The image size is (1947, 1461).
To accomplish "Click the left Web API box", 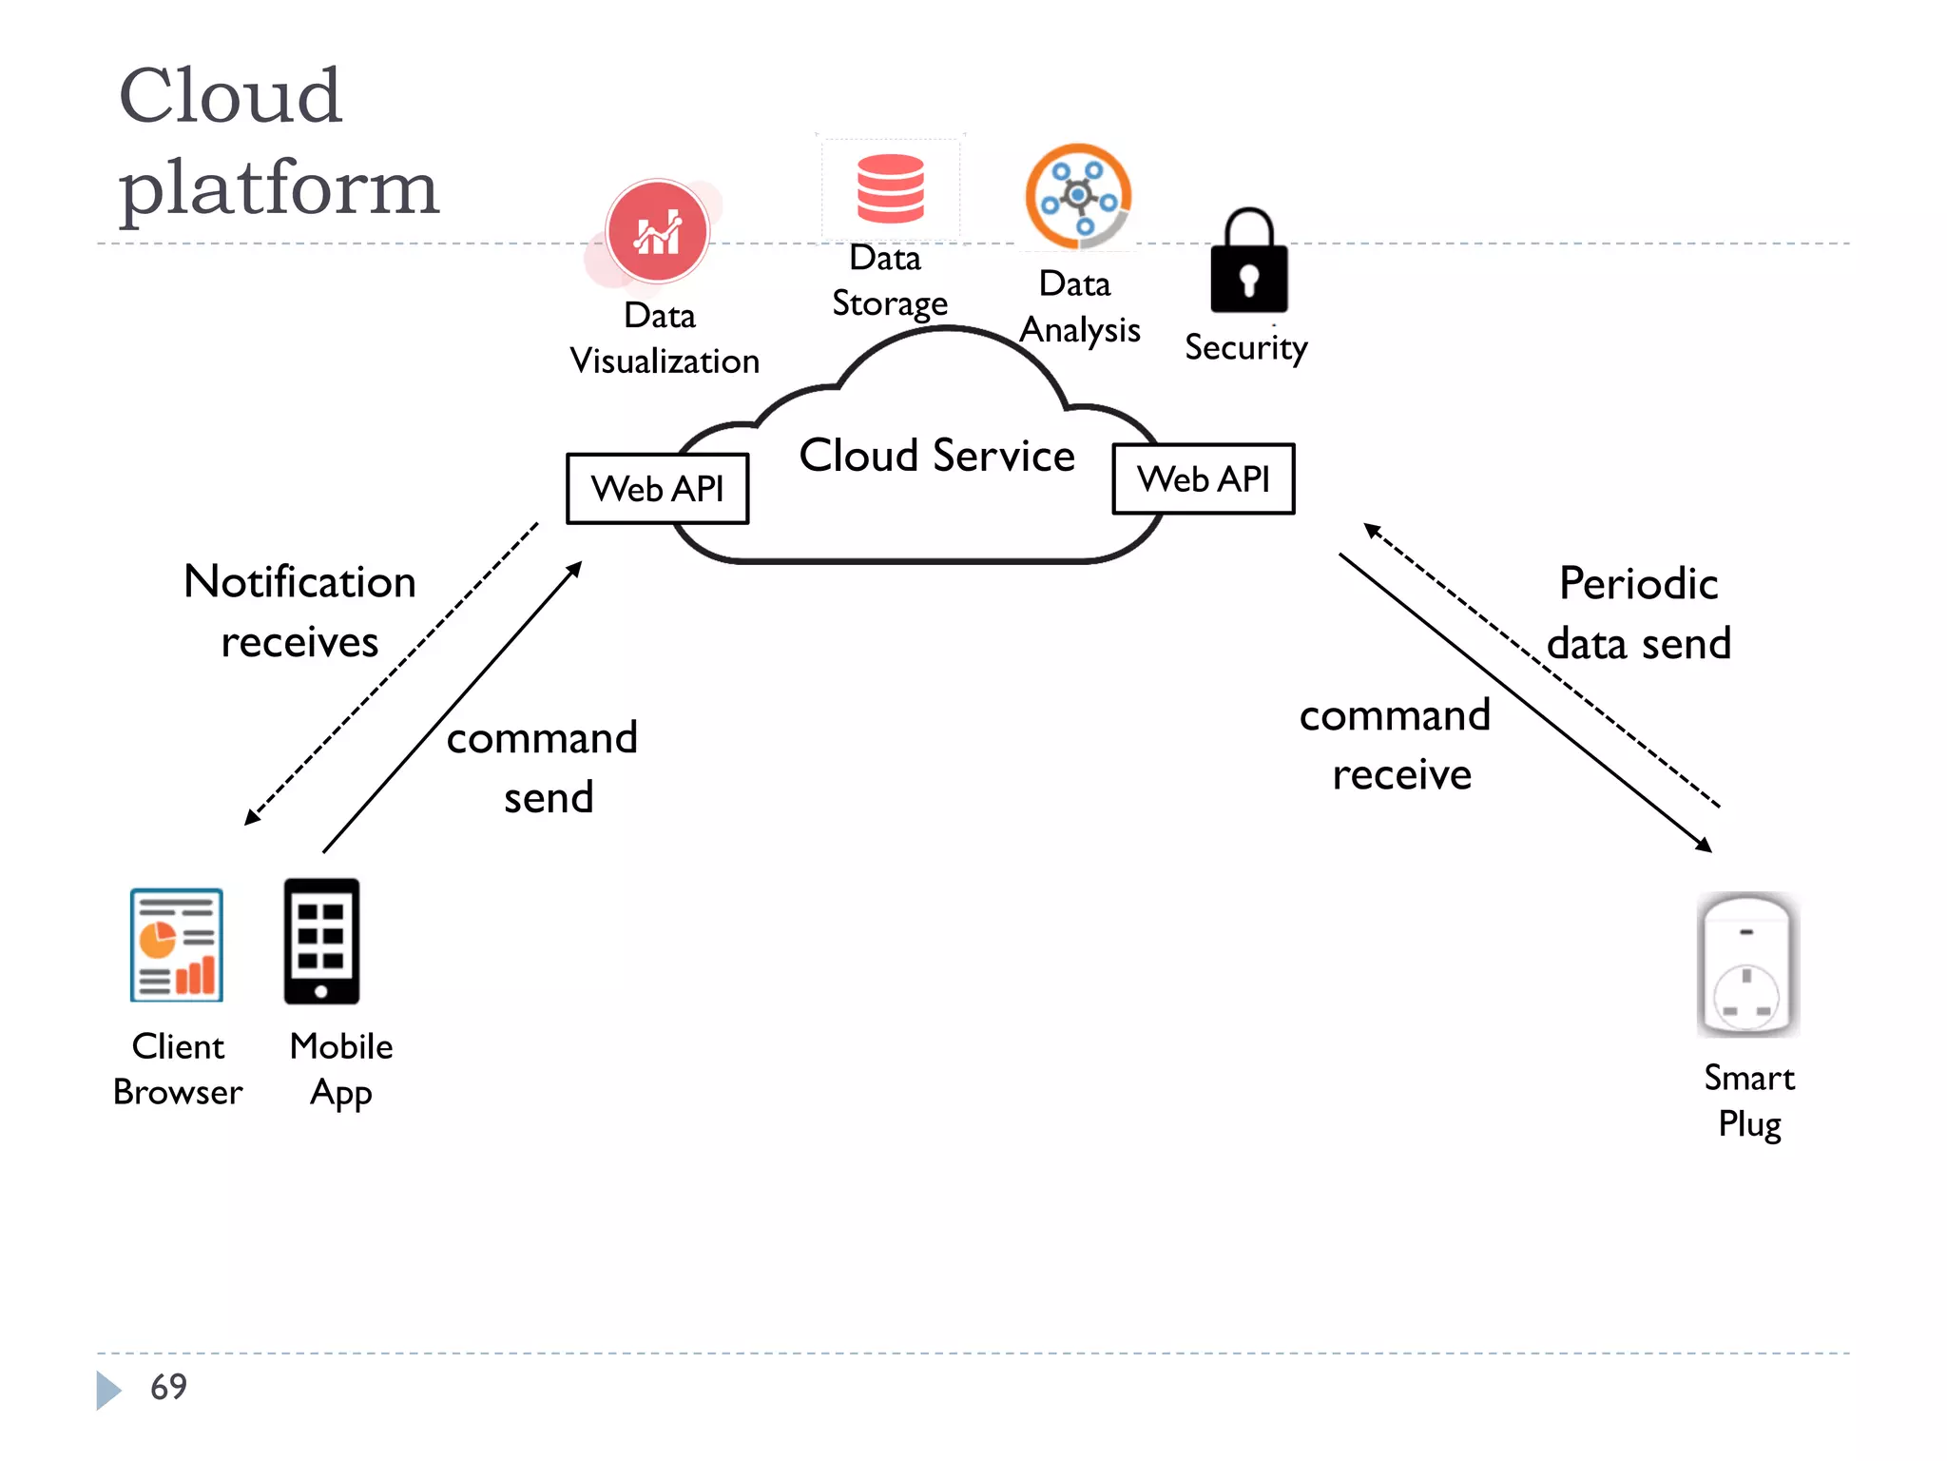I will coord(657,489).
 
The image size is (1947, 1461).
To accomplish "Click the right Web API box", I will coord(1203,479).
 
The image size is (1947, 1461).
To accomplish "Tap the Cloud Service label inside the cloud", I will coord(936,456).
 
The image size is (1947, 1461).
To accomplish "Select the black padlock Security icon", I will coord(1248,263).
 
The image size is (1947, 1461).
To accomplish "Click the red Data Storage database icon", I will coord(890,189).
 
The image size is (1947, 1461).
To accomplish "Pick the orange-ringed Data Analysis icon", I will coord(1078,196).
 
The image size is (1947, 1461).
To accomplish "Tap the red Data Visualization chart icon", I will coord(658,232).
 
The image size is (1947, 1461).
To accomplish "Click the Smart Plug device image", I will coord(1747,964).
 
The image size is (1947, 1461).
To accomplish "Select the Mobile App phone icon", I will coord(321,942).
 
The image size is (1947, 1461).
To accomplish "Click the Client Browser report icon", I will coord(177,945).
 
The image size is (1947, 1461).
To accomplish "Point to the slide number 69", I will coord(168,1387).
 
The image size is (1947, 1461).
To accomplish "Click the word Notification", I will coord(299,582).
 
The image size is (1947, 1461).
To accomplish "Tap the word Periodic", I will coord(1638,584).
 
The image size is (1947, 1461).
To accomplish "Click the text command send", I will coord(543,768).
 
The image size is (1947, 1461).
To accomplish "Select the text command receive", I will coord(1396,745).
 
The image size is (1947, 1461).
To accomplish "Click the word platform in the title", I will coord(279,187).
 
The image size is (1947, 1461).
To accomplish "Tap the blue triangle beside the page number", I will coord(107,1390).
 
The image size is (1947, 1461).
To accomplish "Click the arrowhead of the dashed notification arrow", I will coord(251,818).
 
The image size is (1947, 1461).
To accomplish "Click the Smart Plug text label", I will coord(1749,1101).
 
